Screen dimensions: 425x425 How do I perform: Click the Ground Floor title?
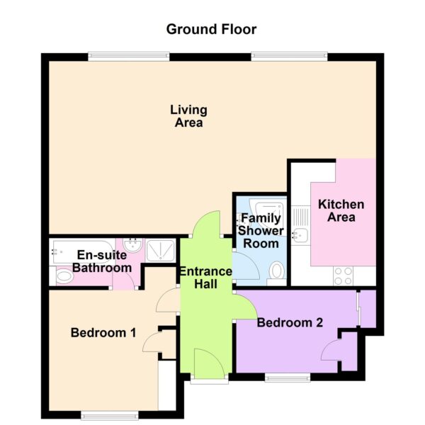coord(211,29)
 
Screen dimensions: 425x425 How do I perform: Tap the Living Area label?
coord(188,116)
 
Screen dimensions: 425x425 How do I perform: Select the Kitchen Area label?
coord(341,210)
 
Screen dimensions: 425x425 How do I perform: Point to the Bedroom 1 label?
coord(103,333)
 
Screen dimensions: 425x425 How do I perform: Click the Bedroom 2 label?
coord(290,322)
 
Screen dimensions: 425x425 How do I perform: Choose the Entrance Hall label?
coord(205,278)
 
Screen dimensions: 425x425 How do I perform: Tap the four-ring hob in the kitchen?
coord(344,276)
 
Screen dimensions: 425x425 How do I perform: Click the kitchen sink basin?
coord(300,234)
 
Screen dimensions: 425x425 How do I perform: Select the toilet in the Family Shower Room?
coord(276,271)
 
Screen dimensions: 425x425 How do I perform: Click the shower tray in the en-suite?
coord(160,251)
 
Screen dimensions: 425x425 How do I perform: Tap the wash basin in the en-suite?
coord(132,245)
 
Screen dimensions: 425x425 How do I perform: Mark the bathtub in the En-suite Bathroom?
coord(81,251)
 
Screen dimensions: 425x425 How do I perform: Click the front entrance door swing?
coord(209,363)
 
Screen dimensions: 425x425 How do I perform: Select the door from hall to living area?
coord(207,224)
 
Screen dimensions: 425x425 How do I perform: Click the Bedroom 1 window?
coord(110,415)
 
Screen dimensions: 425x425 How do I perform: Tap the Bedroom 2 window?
coord(288,377)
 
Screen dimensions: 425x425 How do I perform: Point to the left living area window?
coord(129,56)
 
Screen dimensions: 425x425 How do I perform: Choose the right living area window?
coord(289,56)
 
